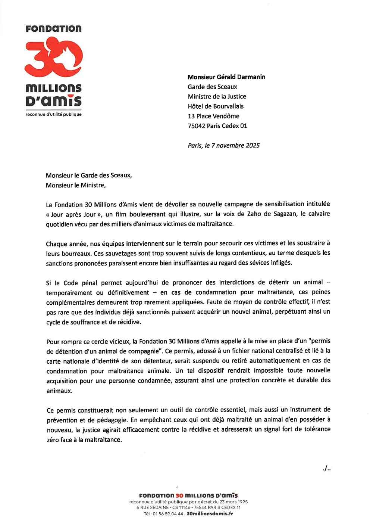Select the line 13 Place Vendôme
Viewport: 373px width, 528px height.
[213, 116]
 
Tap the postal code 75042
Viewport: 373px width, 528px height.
[197, 126]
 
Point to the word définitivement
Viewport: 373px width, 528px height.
[128, 292]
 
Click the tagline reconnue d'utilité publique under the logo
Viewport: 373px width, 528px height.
[53, 114]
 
